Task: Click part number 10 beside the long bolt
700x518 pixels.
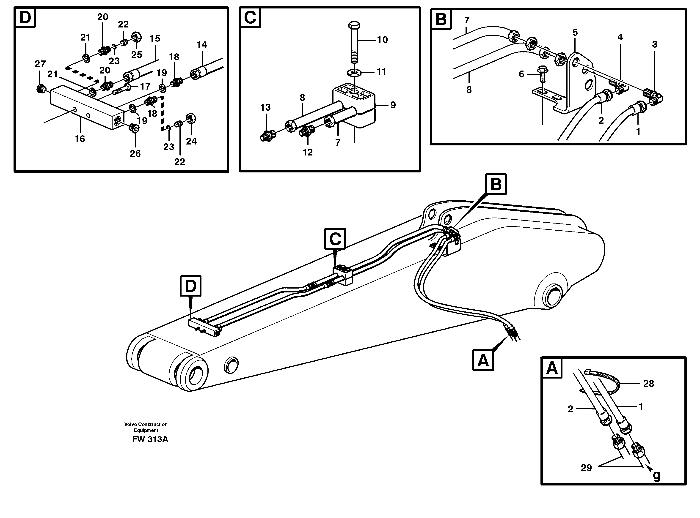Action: coord(382,40)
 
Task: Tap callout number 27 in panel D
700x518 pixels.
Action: coord(40,64)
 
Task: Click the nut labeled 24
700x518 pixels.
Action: coord(191,119)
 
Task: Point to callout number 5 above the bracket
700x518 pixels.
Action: coord(575,33)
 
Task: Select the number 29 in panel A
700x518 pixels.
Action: coord(586,468)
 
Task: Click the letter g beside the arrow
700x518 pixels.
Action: coord(656,476)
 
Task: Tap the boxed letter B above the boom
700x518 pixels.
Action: coord(496,184)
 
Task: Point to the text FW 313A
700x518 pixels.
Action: coord(150,439)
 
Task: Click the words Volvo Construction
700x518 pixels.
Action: coord(146,424)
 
